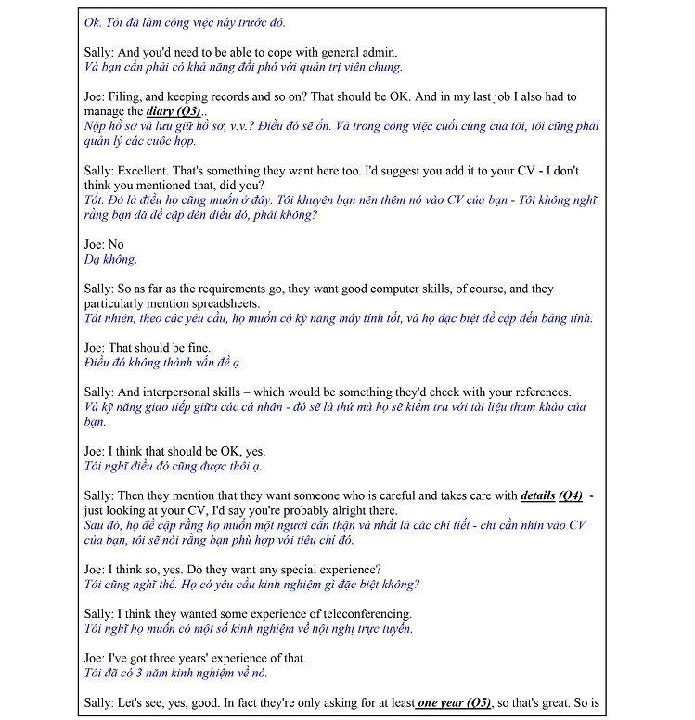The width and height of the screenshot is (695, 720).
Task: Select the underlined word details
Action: (538, 495)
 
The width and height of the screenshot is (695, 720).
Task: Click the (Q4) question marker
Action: (571, 495)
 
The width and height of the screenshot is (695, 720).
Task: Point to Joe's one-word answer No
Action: (116, 244)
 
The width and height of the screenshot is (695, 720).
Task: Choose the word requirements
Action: (229, 289)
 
